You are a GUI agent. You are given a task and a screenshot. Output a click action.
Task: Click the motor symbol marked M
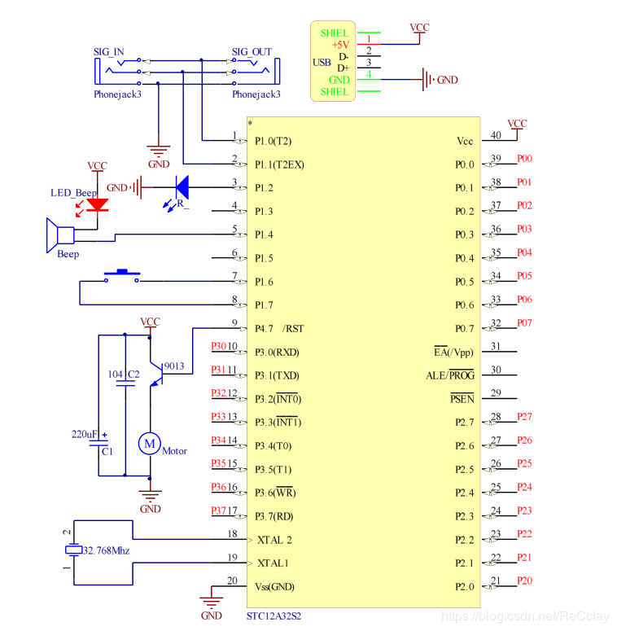point(149,443)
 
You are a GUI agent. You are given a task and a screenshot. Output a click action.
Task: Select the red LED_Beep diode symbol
point(98,204)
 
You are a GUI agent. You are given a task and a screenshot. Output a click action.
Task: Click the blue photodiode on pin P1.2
point(182,188)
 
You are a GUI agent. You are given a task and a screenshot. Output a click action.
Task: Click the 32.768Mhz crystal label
point(106,550)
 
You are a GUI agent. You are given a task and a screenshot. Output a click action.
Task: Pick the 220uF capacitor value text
point(85,434)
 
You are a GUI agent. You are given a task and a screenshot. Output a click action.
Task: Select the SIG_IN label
point(109,52)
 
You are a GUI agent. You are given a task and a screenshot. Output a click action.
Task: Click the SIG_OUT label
point(252,52)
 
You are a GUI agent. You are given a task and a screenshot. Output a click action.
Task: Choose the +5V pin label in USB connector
point(340,45)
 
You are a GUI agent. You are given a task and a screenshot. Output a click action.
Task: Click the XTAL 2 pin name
point(274,539)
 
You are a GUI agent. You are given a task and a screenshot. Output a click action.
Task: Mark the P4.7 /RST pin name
point(279,329)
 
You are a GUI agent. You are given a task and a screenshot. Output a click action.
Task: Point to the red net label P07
point(524,322)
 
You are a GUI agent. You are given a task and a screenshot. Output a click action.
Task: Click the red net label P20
point(524,581)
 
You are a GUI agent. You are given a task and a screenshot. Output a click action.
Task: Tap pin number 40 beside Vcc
point(496,136)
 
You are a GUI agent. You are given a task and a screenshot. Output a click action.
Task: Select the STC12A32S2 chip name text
point(273,616)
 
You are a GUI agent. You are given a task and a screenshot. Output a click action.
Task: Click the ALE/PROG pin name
point(450,375)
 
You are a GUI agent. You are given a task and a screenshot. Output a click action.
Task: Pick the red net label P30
point(218,346)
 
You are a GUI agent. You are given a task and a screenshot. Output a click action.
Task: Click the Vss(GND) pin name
point(275,586)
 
